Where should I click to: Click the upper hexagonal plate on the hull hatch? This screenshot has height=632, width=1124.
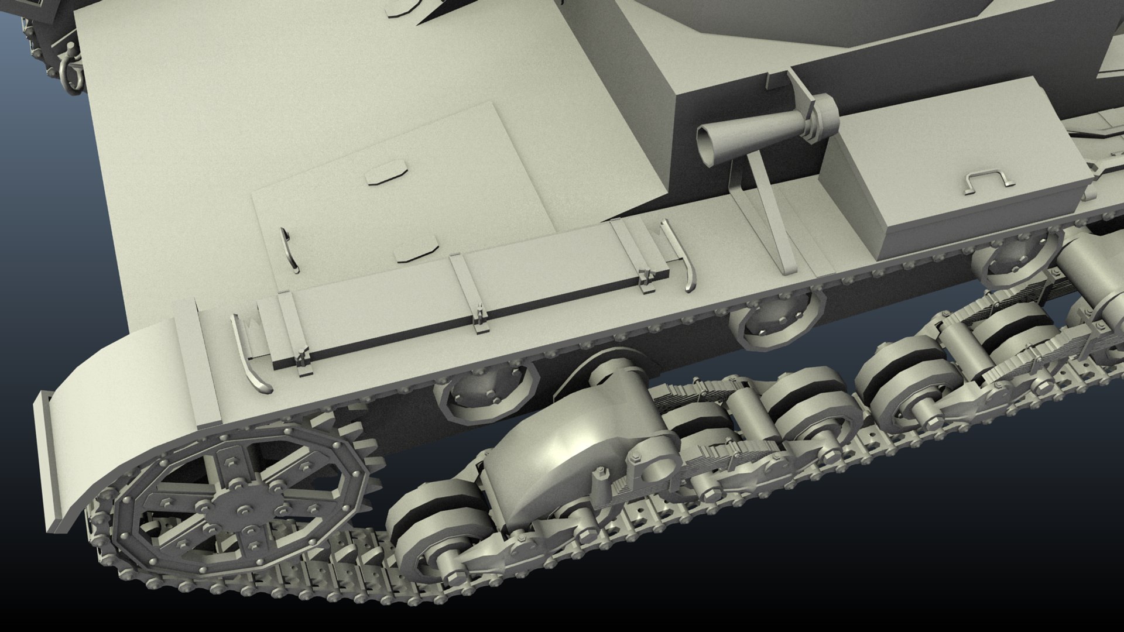[387, 176]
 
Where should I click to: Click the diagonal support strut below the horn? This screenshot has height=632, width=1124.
[773, 222]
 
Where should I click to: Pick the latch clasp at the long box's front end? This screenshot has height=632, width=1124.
[303, 360]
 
